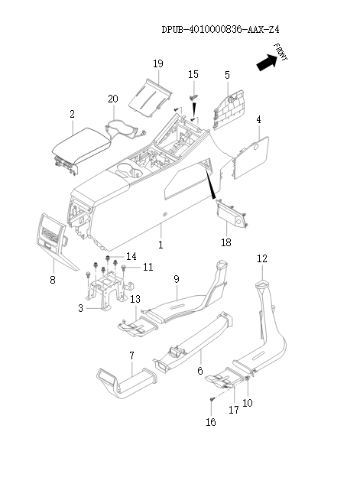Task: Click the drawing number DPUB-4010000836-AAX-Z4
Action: (225, 31)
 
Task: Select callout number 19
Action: (157, 63)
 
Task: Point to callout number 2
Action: (72, 114)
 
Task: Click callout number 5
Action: (227, 75)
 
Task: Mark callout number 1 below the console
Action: (161, 245)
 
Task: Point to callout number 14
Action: (131, 255)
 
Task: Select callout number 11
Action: (148, 267)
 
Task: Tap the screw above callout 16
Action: (210, 399)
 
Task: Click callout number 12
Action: (261, 258)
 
